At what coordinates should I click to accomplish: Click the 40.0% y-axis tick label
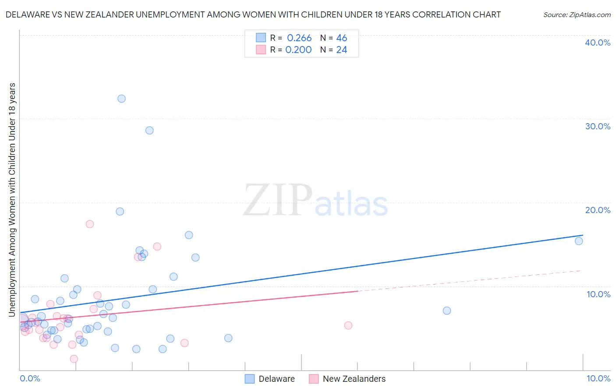(598, 43)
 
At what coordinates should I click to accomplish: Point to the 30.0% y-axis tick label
(598, 126)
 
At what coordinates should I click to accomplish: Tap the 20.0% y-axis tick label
(598, 210)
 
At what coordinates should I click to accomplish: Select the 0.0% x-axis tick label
(30, 378)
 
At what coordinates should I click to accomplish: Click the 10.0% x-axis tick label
(598, 378)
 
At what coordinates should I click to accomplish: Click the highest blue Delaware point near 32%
(121, 99)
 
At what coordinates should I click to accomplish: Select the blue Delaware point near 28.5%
(149, 130)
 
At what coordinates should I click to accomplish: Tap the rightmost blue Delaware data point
(579, 241)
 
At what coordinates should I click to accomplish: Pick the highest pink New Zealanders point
(90, 224)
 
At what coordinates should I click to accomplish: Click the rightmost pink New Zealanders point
(348, 325)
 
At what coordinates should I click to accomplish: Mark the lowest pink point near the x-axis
(74, 359)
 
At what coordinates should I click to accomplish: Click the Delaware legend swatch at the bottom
(250, 379)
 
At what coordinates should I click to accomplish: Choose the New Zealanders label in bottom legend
(354, 379)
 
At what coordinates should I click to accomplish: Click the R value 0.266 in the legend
(299, 38)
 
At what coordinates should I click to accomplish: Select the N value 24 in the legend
(342, 50)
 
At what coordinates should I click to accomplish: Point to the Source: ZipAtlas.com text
(577, 15)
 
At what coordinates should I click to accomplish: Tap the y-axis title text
(12, 199)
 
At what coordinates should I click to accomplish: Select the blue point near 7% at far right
(447, 311)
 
